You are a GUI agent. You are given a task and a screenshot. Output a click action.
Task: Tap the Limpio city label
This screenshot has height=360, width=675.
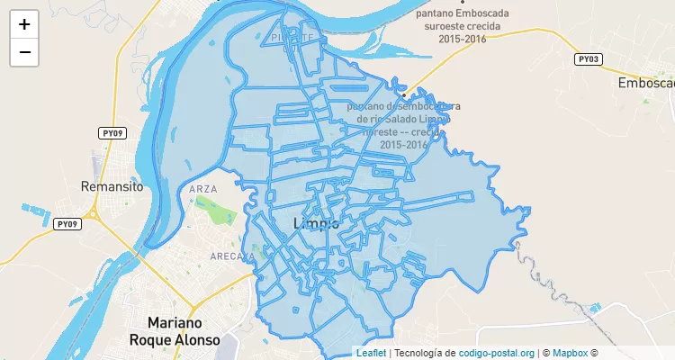coord(317,223)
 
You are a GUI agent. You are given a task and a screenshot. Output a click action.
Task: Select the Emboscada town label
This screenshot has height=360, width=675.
coord(646,83)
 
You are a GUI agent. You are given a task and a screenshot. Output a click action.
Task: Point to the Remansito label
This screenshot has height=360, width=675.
coord(112,187)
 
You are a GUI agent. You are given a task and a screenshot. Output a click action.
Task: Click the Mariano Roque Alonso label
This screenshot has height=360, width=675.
coord(174,331)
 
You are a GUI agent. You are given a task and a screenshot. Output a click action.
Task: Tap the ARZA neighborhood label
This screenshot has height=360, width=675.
coord(204,189)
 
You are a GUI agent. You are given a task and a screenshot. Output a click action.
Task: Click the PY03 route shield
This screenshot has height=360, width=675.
coord(588,59)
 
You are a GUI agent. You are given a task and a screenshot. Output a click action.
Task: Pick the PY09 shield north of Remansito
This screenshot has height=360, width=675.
coord(112,133)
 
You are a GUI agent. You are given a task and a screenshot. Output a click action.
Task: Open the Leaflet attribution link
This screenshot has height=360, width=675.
coord(371,353)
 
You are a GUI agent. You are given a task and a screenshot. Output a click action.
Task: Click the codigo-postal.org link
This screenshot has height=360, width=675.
coord(497,353)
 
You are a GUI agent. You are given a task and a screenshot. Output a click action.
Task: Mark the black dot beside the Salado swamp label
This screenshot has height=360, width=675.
coord(404,94)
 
